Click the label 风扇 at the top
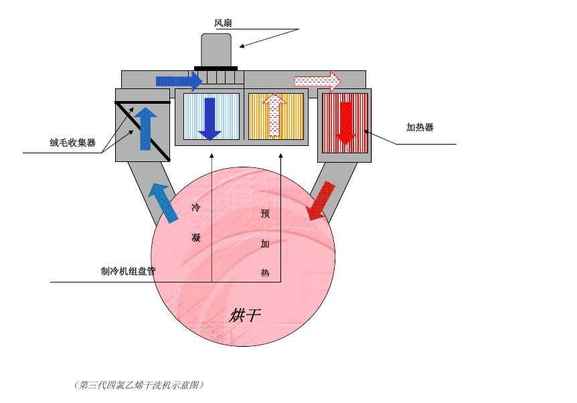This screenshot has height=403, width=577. point(223,23)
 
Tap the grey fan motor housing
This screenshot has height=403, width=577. point(216,50)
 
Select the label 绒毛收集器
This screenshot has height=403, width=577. point(72,143)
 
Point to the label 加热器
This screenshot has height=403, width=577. point(420,127)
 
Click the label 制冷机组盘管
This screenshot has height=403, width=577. point(128,271)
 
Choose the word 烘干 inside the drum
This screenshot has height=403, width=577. point(245,315)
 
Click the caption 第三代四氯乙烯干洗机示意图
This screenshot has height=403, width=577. point(139,385)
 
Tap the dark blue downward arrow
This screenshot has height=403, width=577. point(210,119)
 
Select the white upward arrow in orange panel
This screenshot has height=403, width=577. point(274,116)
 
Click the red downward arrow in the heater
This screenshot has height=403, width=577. point(345,123)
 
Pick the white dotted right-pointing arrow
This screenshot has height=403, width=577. point(318,81)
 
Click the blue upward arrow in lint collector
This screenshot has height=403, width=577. point(146,129)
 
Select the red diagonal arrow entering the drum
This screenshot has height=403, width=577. point(321,201)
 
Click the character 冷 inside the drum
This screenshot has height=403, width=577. point(195,208)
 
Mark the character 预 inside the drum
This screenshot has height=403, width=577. point(265,214)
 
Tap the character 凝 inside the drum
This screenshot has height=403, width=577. point(196,238)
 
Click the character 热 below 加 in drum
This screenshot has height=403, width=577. point(265,272)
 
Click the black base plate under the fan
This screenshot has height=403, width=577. point(216,68)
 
